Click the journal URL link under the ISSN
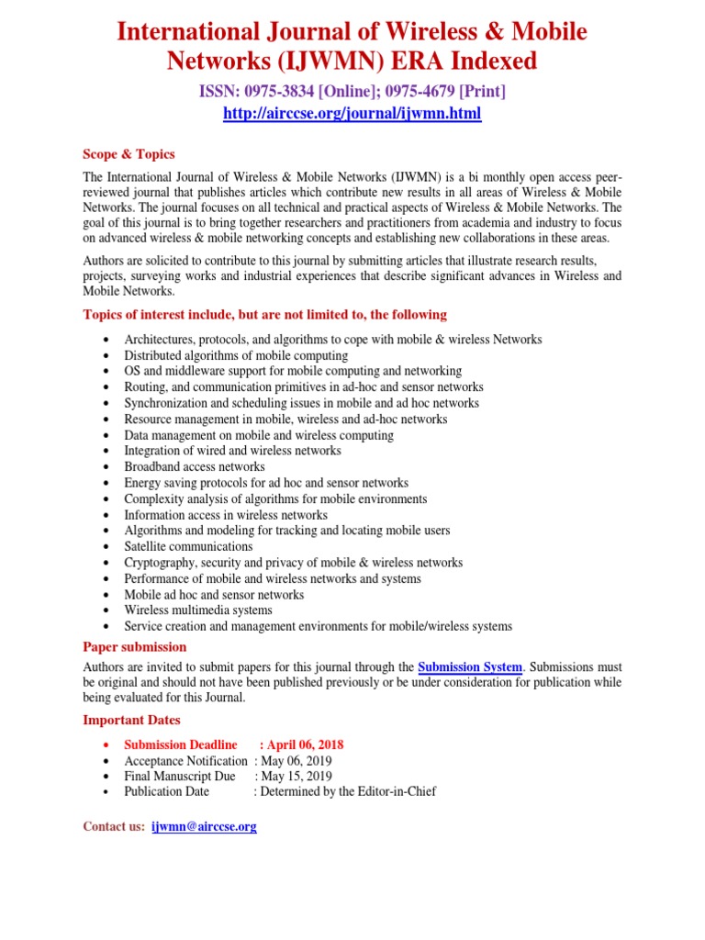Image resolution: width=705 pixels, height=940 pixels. point(352,114)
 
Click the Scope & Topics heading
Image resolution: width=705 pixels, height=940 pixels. point(129,154)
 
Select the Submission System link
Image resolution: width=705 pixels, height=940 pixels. point(470,667)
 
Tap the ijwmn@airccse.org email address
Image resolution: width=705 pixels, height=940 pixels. point(204,826)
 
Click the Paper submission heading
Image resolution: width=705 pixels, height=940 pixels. point(134,647)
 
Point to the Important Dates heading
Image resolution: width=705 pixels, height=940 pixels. point(131,720)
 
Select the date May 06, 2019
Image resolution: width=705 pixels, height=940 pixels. point(297,761)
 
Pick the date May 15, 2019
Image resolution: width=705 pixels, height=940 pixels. point(297,777)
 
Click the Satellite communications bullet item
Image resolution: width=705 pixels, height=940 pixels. point(188,546)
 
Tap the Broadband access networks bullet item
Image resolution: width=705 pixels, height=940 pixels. point(195,466)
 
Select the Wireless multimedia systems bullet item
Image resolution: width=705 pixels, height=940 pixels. point(198,610)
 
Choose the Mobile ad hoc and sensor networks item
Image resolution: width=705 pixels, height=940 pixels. point(214,595)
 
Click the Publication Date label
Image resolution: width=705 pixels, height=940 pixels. point(166,791)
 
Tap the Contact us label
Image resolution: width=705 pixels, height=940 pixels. point(114,826)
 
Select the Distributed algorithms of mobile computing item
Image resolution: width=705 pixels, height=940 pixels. point(236,355)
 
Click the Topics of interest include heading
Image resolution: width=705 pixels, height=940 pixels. point(264,315)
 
